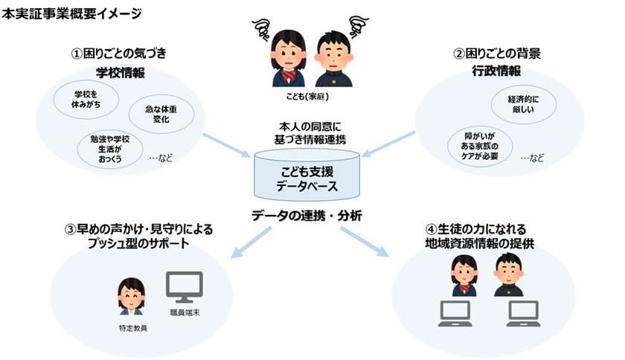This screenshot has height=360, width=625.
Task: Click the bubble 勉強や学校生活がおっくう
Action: point(109,147)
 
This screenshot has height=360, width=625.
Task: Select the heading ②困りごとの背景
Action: point(497,53)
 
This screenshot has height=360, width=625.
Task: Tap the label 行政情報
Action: point(497,71)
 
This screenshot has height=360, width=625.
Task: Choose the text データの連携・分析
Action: point(307,216)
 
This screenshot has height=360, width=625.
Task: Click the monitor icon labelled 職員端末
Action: point(183,286)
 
